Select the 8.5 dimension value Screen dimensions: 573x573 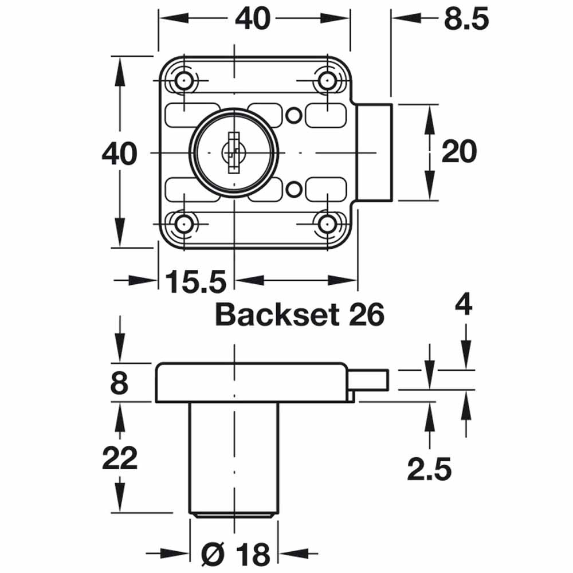(x=465, y=19)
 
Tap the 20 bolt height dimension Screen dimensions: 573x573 (x=458, y=152)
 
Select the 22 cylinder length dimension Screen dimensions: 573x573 (x=119, y=458)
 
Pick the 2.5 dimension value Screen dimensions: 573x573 (x=429, y=470)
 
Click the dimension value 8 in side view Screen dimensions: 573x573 (x=119, y=383)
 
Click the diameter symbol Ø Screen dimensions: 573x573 (x=214, y=555)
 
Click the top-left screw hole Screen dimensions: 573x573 (x=184, y=81)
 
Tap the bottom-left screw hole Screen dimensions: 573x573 (x=184, y=224)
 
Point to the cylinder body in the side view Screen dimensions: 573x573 (x=233, y=458)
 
